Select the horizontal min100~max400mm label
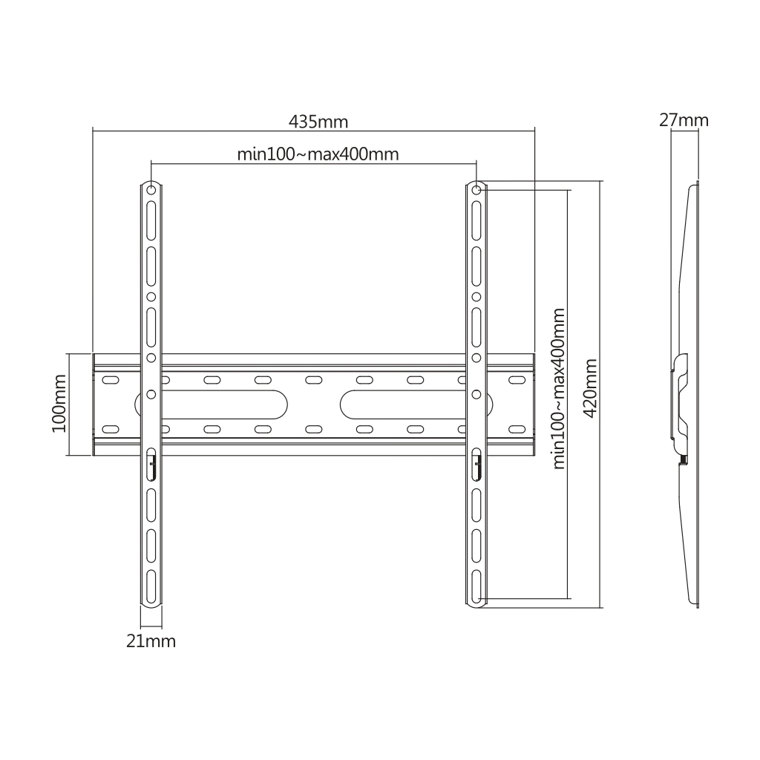[x=318, y=154]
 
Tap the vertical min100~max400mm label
[x=559, y=389]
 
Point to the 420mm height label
[x=591, y=389]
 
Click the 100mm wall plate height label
[x=60, y=404]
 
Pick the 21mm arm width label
[x=151, y=641]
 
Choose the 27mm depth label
[x=684, y=119]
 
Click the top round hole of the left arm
[x=151, y=191]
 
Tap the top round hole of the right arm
[x=476, y=191]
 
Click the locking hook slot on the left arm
[x=151, y=465]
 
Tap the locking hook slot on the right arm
[x=476, y=465]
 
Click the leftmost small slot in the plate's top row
[x=110, y=380]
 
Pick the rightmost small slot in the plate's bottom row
[x=515, y=429]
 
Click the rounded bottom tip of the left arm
[x=151, y=604]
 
